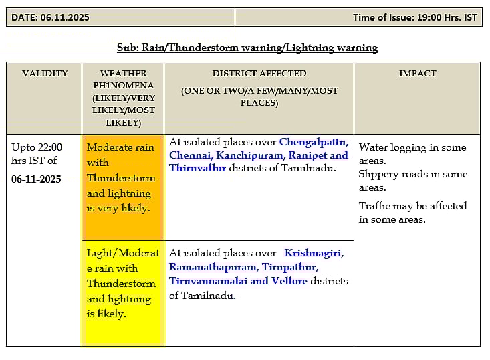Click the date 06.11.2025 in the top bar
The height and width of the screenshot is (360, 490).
click(64, 17)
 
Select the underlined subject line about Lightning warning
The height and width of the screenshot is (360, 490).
click(247, 48)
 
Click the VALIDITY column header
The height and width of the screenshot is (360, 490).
click(45, 73)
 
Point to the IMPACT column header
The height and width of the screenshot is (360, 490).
click(417, 73)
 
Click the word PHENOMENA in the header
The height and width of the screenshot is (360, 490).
click(123, 86)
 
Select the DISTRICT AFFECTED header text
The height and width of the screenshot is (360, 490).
click(259, 73)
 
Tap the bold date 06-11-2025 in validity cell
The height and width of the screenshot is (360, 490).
click(36, 179)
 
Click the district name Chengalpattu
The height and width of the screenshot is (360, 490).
click(314, 142)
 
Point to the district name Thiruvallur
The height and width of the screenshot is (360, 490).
click(197, 168)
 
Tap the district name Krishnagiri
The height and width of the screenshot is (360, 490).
click(313, 253)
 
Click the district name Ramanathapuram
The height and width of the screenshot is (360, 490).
click(213, 267)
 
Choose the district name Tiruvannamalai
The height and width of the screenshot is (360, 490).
click(208, 281)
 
